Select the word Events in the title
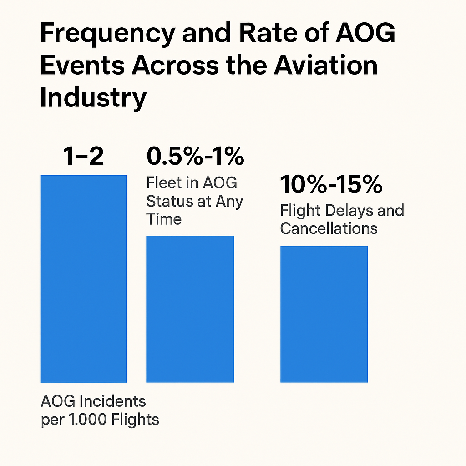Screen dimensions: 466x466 [x=82, y=66]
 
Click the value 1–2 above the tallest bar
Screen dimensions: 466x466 [x=84, y=157]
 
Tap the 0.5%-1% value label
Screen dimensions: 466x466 [x=195, y=157]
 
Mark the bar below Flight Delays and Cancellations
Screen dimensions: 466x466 [x=324, y=314]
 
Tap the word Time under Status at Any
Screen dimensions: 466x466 [x=164, y=219]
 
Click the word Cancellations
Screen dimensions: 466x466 [x=329, y=228]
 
